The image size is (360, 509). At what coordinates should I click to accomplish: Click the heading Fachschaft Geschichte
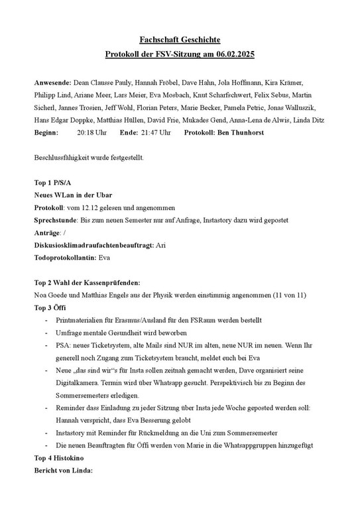tap(180, 41)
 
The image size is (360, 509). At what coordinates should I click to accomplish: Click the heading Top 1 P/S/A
tap(52, 182)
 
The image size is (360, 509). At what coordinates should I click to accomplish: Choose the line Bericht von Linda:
tap(64, 471)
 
